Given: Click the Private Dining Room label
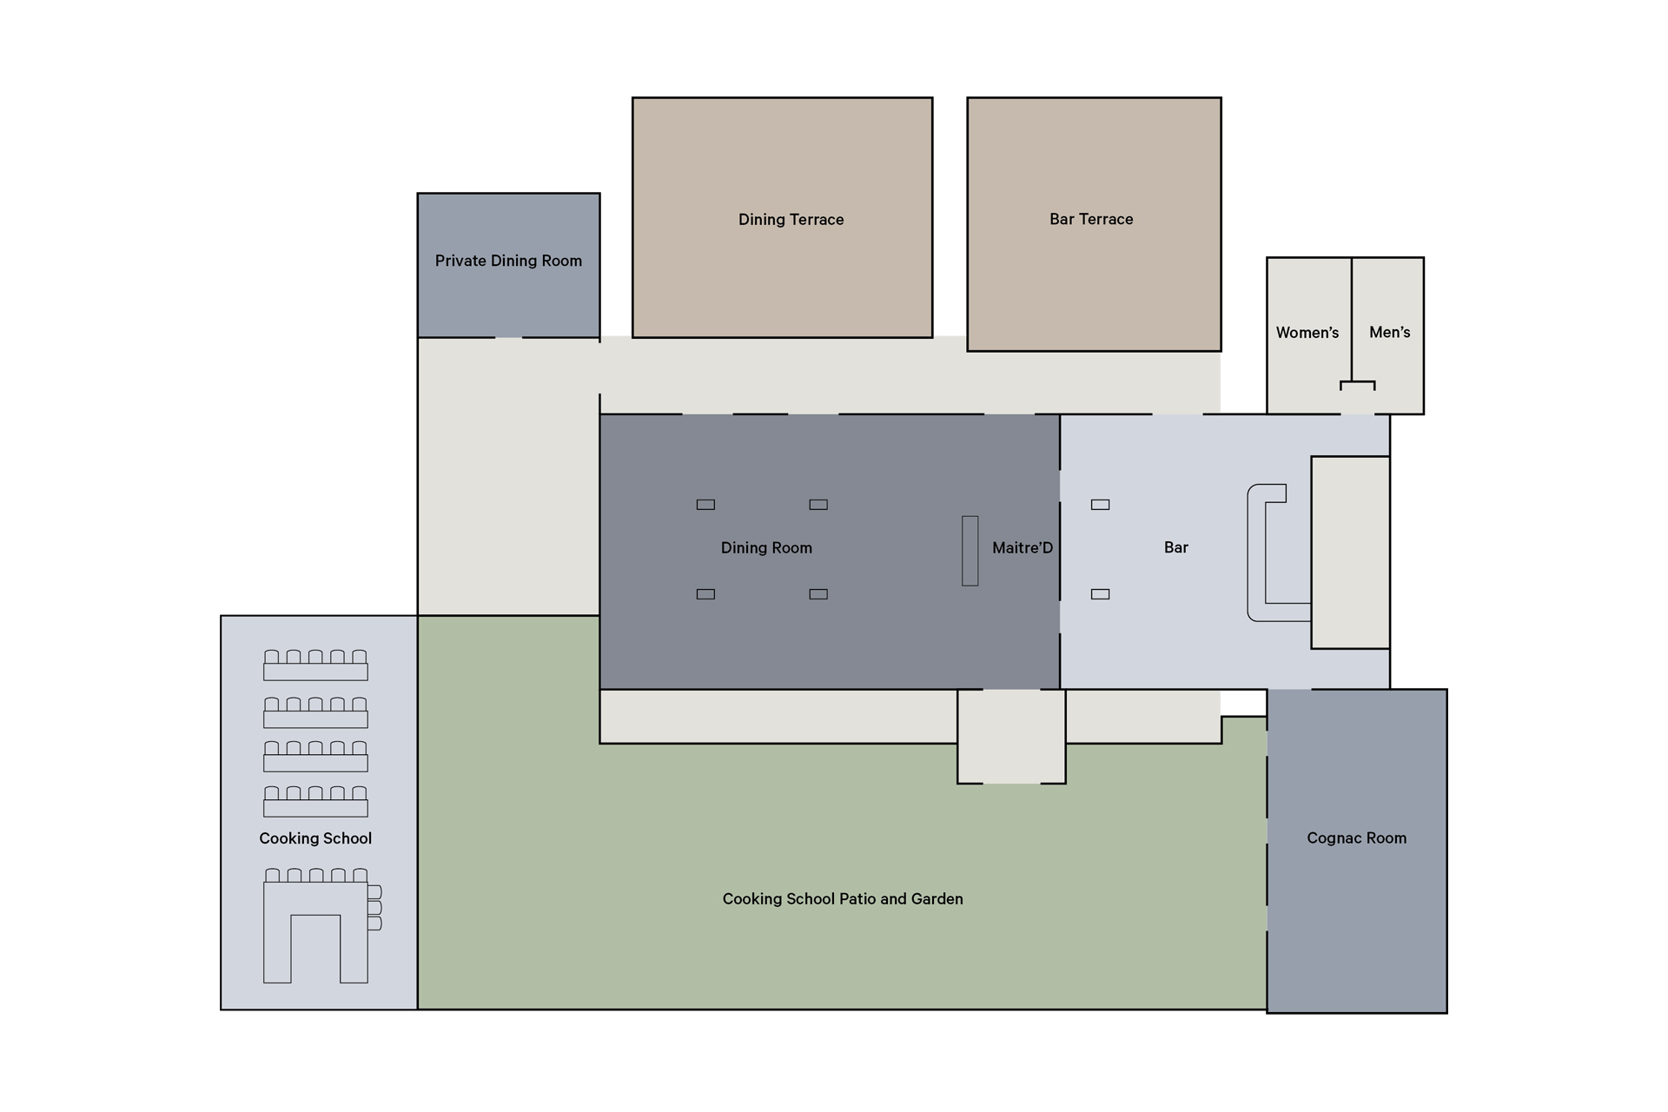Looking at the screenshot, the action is (x=508, y=261).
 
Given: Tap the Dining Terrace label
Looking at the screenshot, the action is (x=791, y=219).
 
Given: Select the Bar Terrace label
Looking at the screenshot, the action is (x=1091, y=219).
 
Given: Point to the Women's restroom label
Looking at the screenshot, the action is (x=1307, y=332).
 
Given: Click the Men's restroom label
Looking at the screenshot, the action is (x=1389, y=332).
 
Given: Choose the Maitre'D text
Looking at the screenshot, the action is (x=1023, y=547).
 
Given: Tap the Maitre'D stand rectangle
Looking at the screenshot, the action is (x=970, y=551).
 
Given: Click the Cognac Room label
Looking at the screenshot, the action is (x=1356, y=837).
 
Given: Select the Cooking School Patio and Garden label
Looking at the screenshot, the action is (x=843, y=898).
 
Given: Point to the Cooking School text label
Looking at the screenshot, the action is (x=315, y=838).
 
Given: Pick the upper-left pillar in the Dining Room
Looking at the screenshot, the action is (x=705, y=505).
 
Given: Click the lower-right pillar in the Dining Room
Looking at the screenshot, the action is (x=818, y=594).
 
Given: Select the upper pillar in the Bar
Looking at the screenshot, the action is (x=1101, y=505).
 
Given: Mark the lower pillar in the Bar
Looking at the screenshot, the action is (x=1101, y=594).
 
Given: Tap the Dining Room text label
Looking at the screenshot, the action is (x=766, y=547).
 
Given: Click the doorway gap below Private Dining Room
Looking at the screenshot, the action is (x=508, y=338).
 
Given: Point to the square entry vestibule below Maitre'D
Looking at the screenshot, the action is (x=1011, y=737).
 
